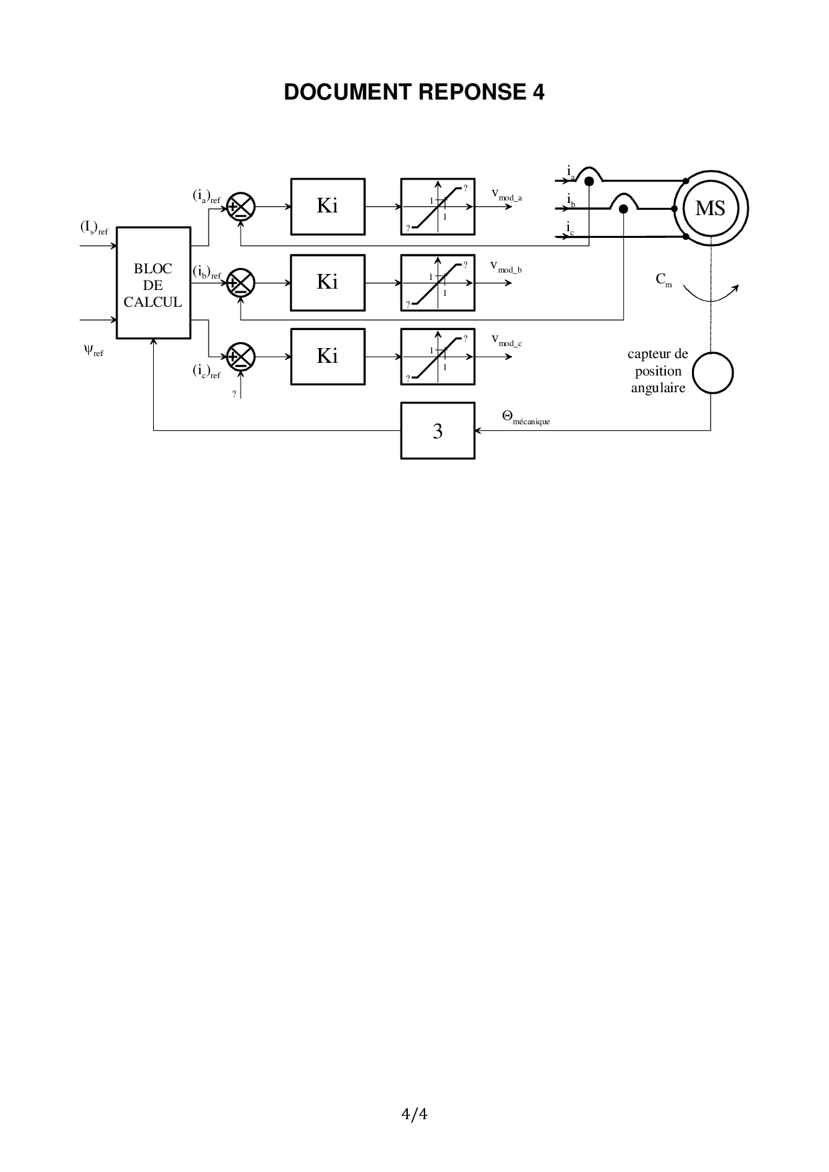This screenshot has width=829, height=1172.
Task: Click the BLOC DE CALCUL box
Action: (153, 283)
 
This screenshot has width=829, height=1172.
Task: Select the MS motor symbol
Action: (710, 208)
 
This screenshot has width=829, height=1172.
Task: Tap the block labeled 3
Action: (438, 431)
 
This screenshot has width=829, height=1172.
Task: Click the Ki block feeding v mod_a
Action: (328, 206)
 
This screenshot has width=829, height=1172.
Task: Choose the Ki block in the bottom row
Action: (328, 357)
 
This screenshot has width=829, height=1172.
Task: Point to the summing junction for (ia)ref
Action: (241, 206)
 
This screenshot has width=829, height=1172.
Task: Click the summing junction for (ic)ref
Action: (241, 357)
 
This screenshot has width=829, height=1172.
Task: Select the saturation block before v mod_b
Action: (438, 283)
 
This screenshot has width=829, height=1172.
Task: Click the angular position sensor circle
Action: (713, 373)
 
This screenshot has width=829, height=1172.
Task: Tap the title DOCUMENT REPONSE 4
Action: (414, 92)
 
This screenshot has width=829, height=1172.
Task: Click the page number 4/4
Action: (414, 1114)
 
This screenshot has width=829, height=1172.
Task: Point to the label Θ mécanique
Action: (525, 418)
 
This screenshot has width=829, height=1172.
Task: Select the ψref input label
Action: (93, 349)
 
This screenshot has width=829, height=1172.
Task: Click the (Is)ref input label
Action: (94, 229)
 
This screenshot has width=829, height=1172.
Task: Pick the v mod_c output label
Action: (506, 341)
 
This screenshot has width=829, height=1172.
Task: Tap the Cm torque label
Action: (664, 280)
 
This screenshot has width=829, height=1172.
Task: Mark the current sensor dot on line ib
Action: (623, 209)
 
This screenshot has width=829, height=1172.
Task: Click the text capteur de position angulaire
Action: (658, 372)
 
